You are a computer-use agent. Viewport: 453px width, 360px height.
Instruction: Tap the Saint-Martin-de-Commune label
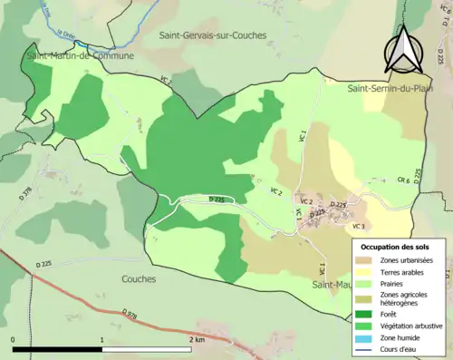(80, 55)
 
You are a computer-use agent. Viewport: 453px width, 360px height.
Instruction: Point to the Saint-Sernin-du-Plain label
(387, 88)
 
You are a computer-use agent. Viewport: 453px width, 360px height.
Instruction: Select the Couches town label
(140, 279)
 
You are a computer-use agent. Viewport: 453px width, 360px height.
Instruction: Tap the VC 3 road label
(358, 226)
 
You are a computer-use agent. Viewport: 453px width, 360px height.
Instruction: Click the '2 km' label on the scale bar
(197, 339)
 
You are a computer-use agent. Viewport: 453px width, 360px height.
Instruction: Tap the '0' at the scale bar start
(14, 339)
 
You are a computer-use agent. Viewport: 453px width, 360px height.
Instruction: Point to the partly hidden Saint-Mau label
(328, 285)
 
